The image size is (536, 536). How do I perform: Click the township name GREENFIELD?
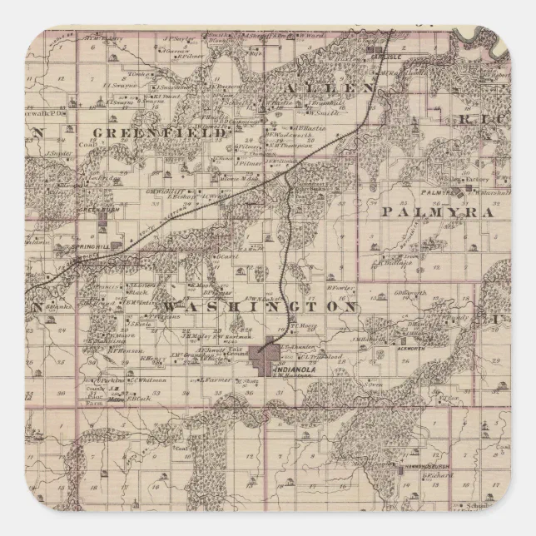[159, 132]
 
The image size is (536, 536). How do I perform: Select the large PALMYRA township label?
[435, 211]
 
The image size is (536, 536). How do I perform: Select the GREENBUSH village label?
[95, 211]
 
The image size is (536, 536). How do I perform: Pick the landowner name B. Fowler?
[335, 289]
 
